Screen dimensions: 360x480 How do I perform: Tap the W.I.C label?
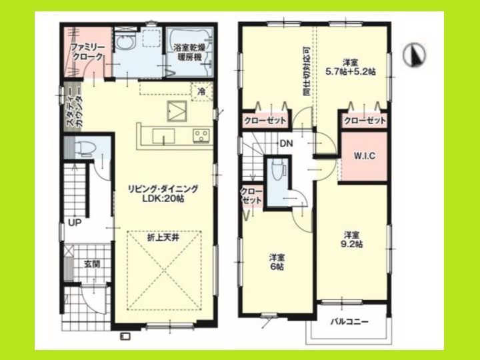point(363,157)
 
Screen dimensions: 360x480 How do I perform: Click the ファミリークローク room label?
point(87,53)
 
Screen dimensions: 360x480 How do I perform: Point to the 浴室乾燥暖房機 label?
point(189,53)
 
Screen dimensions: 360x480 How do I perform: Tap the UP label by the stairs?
point(73,222)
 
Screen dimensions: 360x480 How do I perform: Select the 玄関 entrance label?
point(91,263)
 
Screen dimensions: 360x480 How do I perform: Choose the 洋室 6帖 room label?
point(277,262)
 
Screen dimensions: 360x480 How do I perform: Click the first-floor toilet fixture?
point(85,148)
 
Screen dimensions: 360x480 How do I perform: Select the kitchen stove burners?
point(201,137)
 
